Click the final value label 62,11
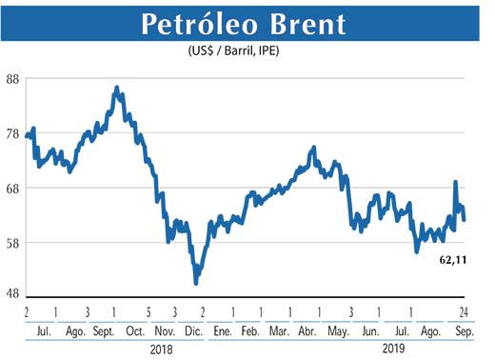(457, 259)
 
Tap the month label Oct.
(134, 330)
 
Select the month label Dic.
(192, 330)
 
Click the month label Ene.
(223, 330)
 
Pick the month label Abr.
(307, 330)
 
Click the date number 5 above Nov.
(148, 312)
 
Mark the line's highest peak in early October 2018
(116, 88)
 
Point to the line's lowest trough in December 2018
(196, 283)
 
